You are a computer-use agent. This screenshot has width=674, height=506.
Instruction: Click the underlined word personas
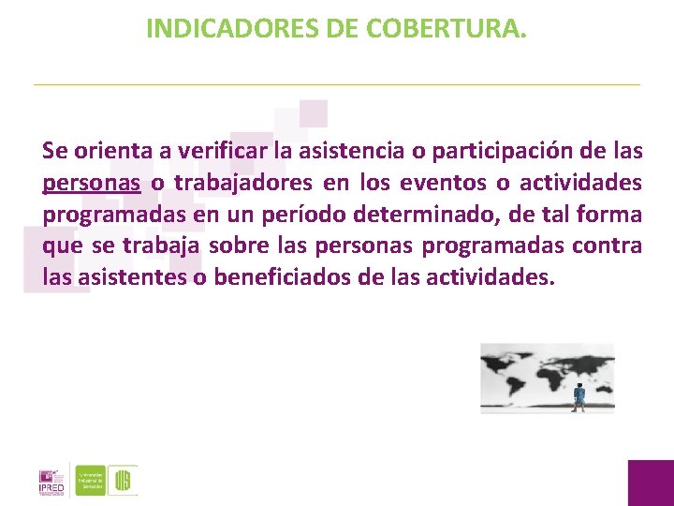pos(92,182)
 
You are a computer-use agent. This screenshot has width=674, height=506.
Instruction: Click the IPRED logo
pos(51,479)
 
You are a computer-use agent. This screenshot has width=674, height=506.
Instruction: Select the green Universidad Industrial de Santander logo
pos(91,479)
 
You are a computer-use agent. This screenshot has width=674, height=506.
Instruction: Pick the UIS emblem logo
pos(123,480)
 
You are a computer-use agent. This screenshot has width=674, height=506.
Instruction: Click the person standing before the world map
pos(579,396)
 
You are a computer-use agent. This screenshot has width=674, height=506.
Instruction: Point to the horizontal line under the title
pos(337,85)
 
